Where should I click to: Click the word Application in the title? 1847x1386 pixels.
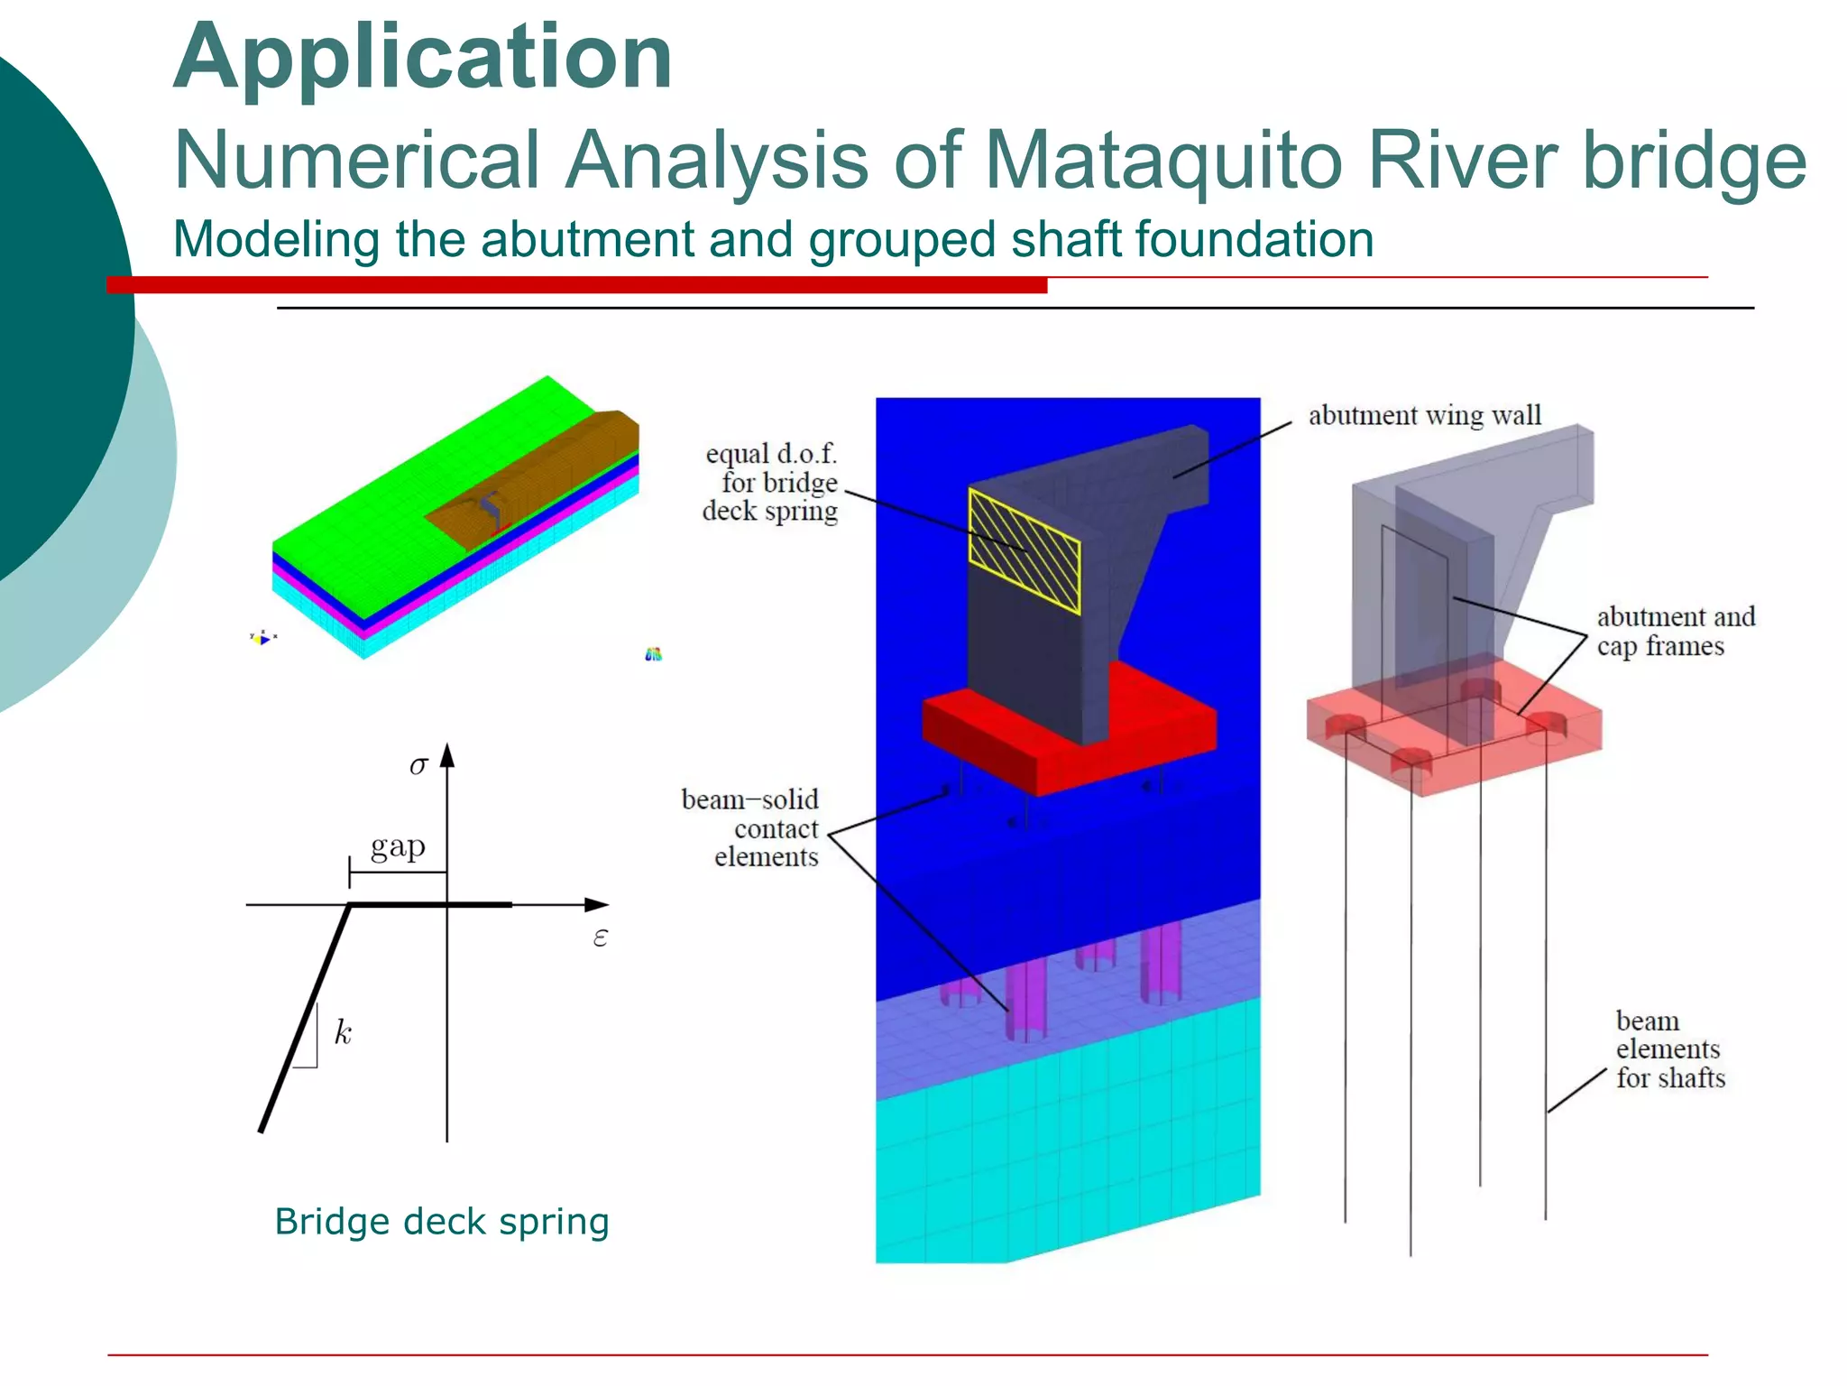[422, 59]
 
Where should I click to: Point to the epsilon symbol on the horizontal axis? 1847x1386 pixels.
[601, 938]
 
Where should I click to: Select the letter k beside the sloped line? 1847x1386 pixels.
[343, 1032]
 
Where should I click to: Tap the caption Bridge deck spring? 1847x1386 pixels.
[442, 1222]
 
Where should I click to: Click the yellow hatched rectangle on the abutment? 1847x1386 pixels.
[1024, 550]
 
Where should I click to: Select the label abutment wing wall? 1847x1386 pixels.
[1424, 415]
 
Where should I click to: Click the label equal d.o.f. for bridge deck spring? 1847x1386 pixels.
[771, 483]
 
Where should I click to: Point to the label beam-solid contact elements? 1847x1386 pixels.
[751, 828]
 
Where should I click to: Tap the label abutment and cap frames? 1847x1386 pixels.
[1675, 632]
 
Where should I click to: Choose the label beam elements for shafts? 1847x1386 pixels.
[1669, 1049]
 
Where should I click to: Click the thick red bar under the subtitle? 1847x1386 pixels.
[577, 285]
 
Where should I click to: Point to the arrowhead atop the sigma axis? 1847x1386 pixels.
[447, 754]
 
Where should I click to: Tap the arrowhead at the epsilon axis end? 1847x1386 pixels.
[597, 904]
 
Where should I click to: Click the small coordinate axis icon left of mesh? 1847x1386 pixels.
[262, 638]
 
